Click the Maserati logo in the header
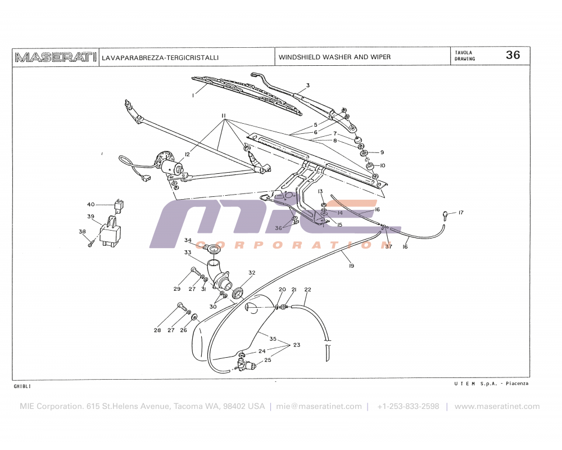55,57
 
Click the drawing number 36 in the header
513,55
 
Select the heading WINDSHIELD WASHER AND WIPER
334,57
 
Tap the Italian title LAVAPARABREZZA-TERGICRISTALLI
160,57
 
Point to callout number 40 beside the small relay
91,204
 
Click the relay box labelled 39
111,232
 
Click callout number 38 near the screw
82,231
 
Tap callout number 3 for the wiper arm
308,86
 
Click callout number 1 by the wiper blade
193,96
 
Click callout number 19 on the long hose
351,265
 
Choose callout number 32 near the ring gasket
252,273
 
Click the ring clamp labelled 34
212,248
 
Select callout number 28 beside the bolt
157,330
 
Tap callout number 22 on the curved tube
307,290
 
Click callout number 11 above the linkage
224,116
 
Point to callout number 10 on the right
382,165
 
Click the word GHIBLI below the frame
22,387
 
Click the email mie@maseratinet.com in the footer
319,406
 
